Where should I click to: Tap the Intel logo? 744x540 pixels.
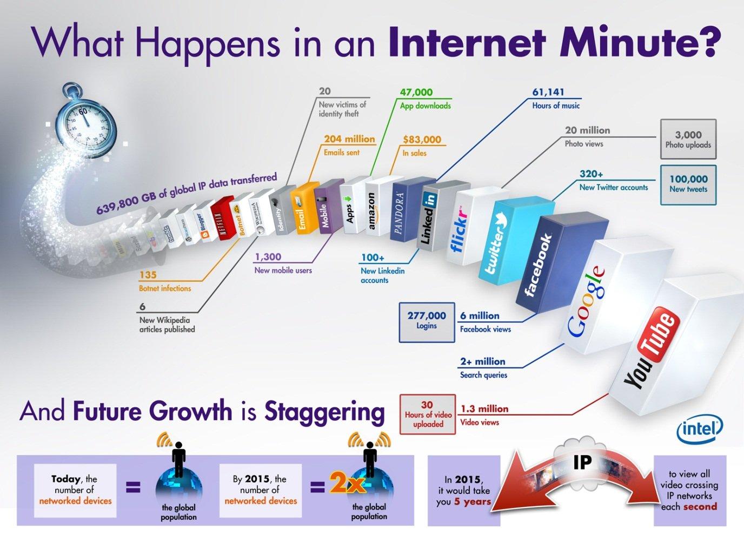point(699,430)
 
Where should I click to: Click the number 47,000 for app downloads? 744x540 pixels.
point(416,93)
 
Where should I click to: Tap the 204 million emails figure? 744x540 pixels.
point(349,139)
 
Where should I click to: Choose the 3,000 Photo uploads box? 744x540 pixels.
point(688,140)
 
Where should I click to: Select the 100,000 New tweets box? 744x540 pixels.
point(688,184)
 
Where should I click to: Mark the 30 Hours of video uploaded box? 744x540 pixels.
point(428,414)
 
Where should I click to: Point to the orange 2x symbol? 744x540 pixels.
point(348,483)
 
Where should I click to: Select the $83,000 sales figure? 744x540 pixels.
point(422,140)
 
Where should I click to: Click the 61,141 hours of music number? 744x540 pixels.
point(548,93)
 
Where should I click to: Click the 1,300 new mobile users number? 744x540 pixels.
point(268,257)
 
